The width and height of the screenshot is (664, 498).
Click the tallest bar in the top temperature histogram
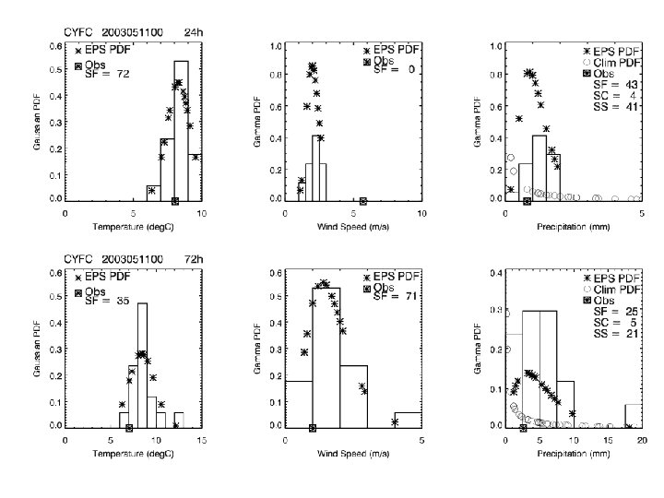point(182,129)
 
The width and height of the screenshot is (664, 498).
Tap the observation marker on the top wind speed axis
point(363,201)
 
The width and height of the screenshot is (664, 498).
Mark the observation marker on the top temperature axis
point(175,201)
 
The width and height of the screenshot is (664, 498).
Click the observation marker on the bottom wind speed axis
point(313,428)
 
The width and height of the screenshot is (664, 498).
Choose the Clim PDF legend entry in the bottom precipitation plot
point(612,289)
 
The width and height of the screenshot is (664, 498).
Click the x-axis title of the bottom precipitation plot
point(573,455)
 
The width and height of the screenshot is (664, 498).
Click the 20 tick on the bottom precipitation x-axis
point(641,441)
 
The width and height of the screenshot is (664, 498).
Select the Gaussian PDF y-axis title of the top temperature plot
point(41,122)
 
